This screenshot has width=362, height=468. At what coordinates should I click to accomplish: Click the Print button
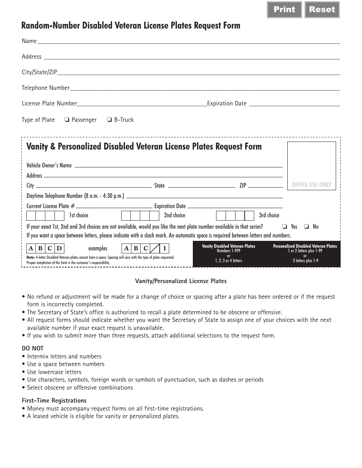tap(284, 10)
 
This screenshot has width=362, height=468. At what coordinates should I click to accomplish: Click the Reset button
tap(322, 10)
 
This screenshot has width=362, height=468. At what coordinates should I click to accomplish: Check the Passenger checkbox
tap(67, 120)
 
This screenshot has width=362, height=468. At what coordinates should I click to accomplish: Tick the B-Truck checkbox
tap(109, 120)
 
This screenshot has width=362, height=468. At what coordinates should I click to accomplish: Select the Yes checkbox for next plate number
tap(284, 226)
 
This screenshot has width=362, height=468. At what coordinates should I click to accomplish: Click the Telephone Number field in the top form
tap(205, 88)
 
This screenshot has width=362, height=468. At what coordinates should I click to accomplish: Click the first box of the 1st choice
tap(31, 216)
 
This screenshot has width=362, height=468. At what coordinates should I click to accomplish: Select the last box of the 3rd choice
tap(249, 216)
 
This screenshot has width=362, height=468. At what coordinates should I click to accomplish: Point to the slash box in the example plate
tap(155, 249)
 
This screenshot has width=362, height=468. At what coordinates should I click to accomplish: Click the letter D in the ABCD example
tap(59, 249)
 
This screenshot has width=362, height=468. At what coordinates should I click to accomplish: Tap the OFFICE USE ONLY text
tap(311, 185)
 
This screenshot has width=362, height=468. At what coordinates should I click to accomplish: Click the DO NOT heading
tap(33, 348)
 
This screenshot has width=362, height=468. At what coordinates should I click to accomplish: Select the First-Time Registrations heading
tap(54, 400)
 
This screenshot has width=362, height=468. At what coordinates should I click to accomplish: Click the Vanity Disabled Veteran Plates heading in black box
tap(229, 246)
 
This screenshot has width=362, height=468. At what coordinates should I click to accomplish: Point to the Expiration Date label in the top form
tap(227, 103)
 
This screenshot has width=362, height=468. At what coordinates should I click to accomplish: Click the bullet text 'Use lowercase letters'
tap(54, 372)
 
